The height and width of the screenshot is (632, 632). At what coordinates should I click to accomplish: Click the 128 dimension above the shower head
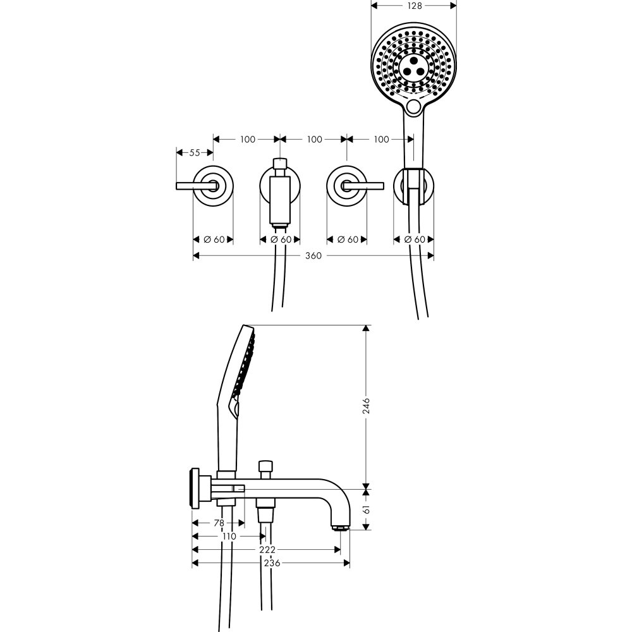click(x=414, y=5)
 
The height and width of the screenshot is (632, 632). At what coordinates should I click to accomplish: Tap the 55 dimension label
click(x=194, y=153)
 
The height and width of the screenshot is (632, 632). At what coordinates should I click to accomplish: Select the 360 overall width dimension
click(x=313, y=256)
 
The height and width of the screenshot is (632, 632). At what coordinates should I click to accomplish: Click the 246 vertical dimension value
click(x=366, y=406)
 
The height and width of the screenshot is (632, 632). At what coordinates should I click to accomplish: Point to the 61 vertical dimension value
click(x=366, y=509)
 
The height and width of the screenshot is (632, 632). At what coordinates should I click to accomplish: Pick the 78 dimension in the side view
click(x=218, y=523)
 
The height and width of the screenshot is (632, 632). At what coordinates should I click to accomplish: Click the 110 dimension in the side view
click(x=229, y=537)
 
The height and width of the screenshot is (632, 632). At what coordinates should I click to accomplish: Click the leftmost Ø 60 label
click(x=214, y=240)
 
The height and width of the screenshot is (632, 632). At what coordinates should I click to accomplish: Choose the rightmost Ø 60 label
click(x=415, y=240)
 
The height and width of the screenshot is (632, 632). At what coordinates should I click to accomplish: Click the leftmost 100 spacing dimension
click(x=247, y=139)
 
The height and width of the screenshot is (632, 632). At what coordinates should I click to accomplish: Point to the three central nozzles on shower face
click(x=413, y=66)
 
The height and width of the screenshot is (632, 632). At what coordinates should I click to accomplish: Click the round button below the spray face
click(x=414, y=107)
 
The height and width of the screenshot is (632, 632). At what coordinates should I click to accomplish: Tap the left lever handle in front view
click(x=193, y=185)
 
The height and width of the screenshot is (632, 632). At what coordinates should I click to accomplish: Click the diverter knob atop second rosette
click(x=279, y=162)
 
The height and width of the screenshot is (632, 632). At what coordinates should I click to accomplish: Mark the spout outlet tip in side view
click(x=340, y=526)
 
